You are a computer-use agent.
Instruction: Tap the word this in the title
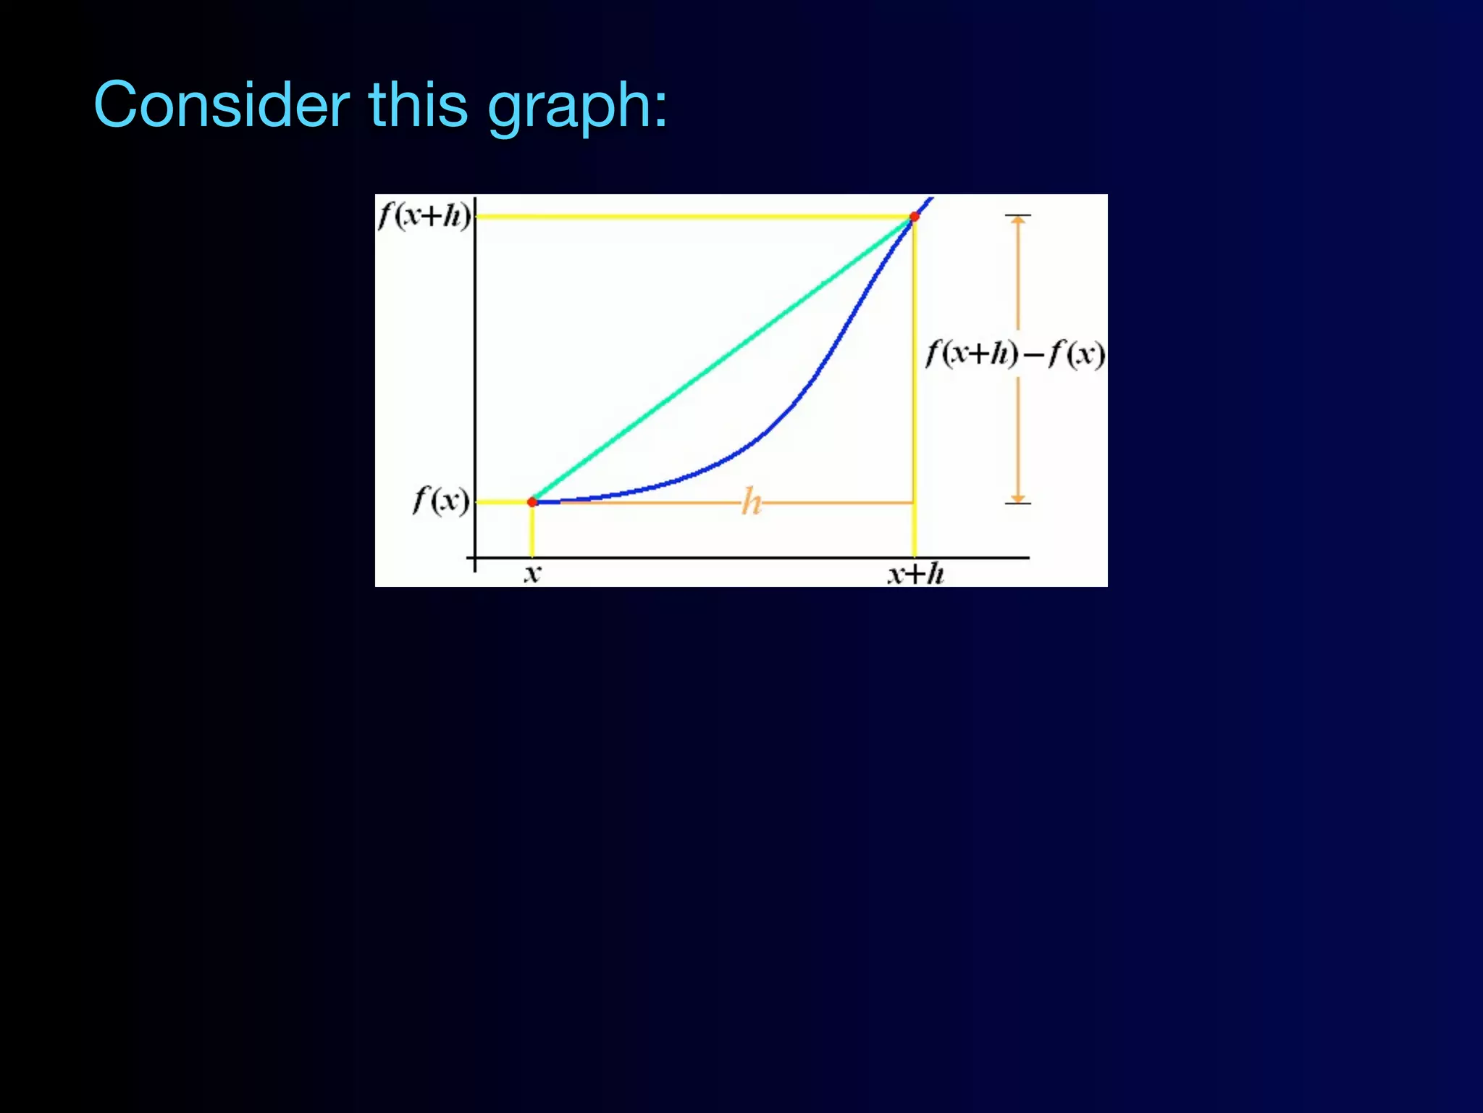419,105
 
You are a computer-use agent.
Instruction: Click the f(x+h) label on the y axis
424,215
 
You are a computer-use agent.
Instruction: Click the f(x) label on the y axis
441,500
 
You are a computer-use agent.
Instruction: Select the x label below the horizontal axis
532,575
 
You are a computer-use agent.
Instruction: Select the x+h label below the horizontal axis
915,575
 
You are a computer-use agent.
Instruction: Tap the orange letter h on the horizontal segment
752,502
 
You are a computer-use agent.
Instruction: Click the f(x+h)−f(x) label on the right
1015,354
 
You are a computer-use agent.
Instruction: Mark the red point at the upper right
915,217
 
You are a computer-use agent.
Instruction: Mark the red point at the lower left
532,501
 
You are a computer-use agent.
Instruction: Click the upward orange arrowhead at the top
1018,220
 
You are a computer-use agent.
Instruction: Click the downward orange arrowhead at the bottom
1018,499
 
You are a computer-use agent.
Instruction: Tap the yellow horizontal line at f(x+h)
688,216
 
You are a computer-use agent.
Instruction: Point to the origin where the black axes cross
475,558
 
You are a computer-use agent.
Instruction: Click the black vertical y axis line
475,362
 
